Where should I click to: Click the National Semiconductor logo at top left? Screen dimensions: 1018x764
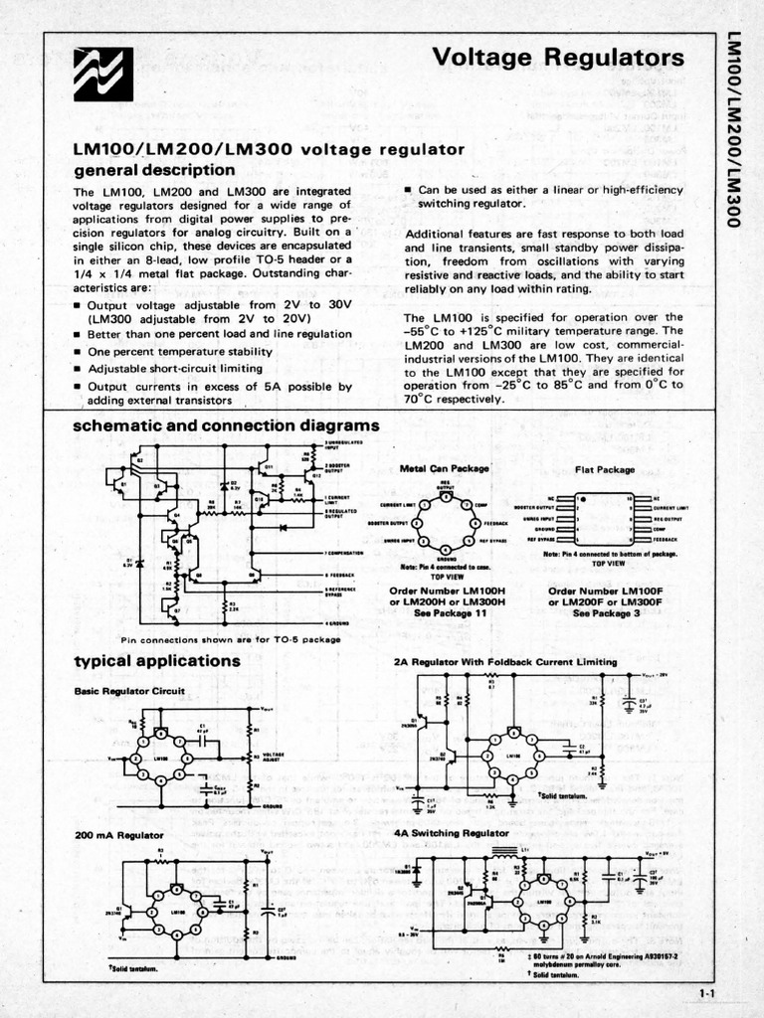click(x=103, y=75)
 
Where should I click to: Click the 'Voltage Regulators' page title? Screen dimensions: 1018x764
click(x=559, y=59)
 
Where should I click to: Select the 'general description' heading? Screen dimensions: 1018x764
click(x=154, y=170)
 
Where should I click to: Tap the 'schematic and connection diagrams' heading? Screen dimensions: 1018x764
click(x=227, y=425)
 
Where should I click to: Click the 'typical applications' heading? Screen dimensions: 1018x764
click(x=157, y=660)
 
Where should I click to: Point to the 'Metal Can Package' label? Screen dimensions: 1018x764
click(x=445, y=467)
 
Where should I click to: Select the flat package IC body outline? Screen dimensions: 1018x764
click(x=603, y=517)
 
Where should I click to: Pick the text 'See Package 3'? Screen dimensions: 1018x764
click(x=608, y=613)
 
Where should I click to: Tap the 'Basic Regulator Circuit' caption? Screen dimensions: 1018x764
click(x=124, y=690)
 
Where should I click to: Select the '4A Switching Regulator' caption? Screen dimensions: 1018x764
click(x=451, y=832)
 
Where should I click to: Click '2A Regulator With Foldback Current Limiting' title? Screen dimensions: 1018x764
click(x=505, y=661)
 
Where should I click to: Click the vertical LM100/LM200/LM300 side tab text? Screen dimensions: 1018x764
click(x=735, y=129)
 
